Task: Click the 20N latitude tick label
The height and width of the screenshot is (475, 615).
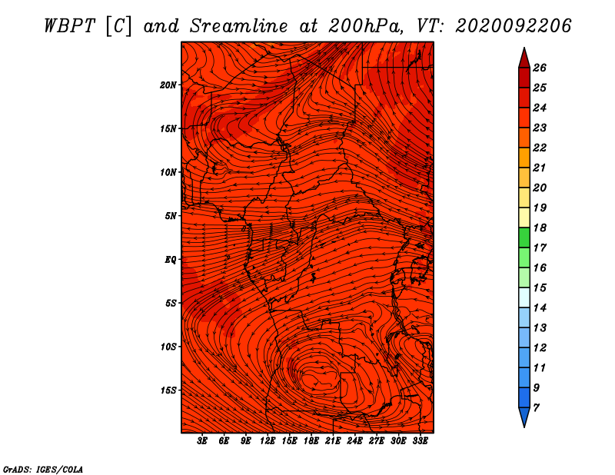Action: (x=168, y=85)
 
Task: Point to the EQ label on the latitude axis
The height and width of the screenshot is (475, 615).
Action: (x=170, y=259)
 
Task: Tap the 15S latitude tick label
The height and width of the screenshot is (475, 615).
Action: (x=168, y=390)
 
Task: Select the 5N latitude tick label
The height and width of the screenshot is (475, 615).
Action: (x=171, y=216)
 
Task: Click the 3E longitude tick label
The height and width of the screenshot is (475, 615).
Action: (x=202, y=441)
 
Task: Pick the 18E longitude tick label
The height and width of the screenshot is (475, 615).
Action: (x=311, y=441)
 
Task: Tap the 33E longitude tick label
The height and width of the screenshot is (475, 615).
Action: (x=420, y=441)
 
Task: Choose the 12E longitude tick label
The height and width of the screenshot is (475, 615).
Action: (x=268, y=441)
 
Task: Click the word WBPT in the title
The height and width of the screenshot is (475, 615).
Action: (x=70, y=26)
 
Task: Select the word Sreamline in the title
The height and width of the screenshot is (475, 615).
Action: (x=238, y=26)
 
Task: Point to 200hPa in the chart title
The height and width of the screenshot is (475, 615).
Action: (x=365, y=26)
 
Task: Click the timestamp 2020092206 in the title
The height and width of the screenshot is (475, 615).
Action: (x=513, y=26)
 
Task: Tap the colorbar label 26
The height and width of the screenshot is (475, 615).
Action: (x=540, y=68)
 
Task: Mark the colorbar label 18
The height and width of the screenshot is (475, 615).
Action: (x=540, y=228)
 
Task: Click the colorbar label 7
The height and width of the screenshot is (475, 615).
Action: (x=536, y=408)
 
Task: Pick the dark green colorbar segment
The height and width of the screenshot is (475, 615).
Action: (x=524, y=237)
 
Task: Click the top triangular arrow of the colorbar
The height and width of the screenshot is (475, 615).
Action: (x=524, y=59)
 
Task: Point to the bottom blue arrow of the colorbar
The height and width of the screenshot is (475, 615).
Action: (x=524, y=417)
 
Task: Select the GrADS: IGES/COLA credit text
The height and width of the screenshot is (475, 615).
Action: (x=43, y=469)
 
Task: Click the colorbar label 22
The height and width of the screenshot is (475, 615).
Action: (x=540, y=148)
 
